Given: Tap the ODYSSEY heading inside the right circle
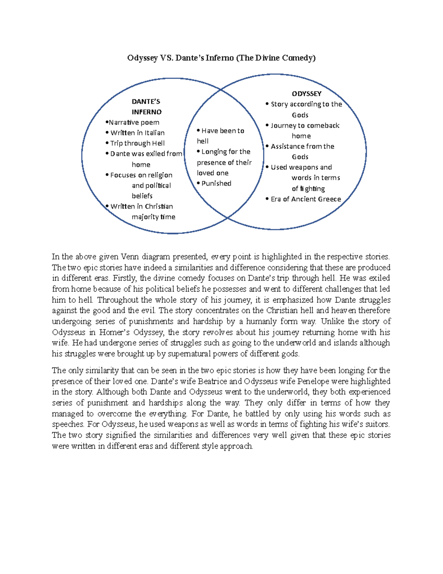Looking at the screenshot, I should coord(306,94).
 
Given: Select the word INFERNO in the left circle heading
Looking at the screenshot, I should coord(147,112).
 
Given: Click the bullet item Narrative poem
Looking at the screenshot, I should coord(134,122).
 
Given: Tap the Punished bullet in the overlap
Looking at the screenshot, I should coord(216,183).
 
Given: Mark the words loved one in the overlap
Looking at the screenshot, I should coord(213,173).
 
